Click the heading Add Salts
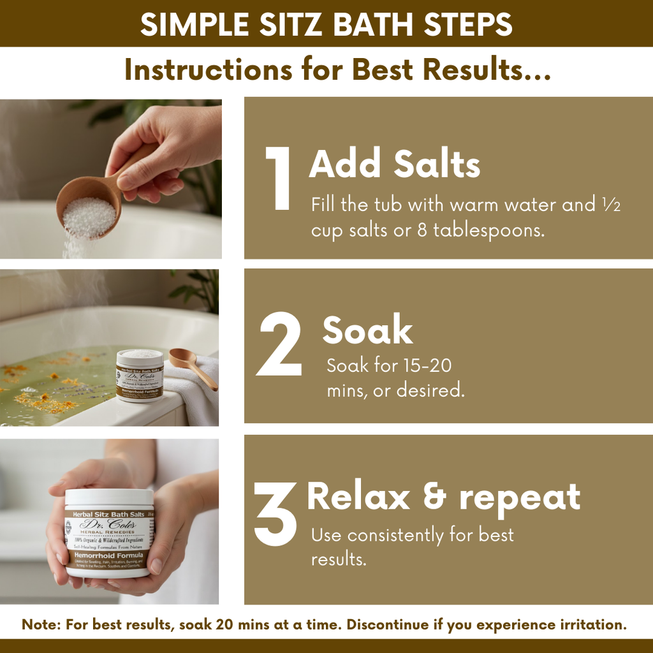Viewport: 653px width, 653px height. [x=394, y=165]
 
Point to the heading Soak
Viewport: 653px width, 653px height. [x=367, y=331]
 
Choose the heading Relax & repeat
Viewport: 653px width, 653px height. [x=444, y=497]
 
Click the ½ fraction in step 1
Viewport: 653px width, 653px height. [x=612, y=206]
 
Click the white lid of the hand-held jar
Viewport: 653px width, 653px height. [x=109, y=497]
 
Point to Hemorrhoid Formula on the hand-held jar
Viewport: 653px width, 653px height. [x=109, y=555]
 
